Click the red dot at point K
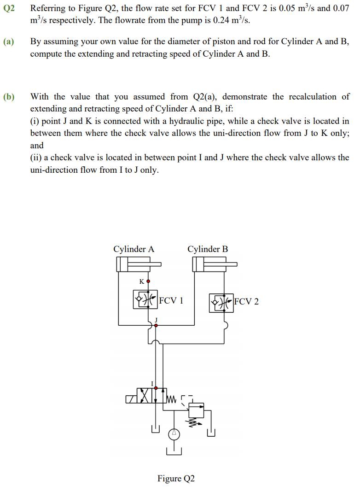tap(148, 281)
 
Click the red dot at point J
tap(156, 325)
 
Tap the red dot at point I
tap(156, 388)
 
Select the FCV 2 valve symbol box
tap(221, 303)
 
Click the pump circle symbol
tap(174, 434)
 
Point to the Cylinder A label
tap(134, 249)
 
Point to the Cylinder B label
tap(208, 249)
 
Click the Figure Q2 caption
tap(176, 478)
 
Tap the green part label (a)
tap(9, 42)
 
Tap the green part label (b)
tap(9, 97)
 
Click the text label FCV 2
tap(246, 302)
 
